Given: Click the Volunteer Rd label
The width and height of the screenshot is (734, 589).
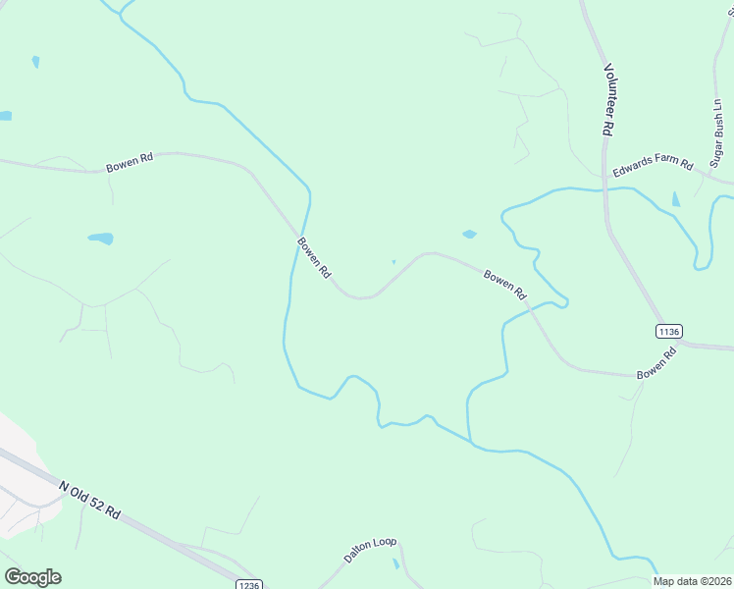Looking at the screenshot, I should point(608,100).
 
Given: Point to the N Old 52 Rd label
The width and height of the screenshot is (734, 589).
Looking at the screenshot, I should point(89,501).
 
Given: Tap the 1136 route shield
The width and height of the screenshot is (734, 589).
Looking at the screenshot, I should point(669,331).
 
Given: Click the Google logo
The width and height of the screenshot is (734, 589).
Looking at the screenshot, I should point(32,577).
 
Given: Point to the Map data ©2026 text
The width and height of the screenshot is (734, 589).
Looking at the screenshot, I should point(692,581).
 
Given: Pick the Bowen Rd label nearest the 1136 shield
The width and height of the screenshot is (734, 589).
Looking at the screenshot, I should point(657,363).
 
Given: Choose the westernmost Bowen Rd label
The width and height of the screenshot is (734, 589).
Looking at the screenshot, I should point(131,163).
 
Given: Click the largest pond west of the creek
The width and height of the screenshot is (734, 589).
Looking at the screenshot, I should point(100,239).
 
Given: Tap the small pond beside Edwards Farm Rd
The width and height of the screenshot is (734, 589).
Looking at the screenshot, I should point(675,199).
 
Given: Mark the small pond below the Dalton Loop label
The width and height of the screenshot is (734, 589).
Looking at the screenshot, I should point(395,564).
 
